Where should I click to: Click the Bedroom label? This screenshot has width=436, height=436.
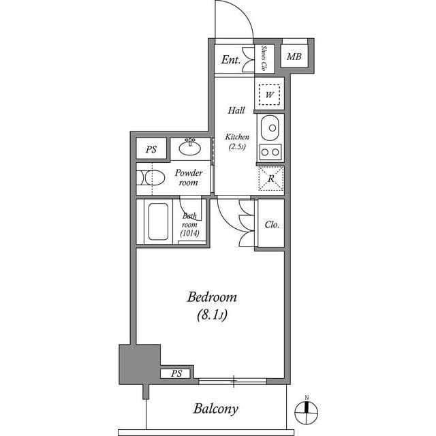pyautogui.click(x=212, y=297)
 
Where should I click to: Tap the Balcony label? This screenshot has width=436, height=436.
pyautogui.click(x=216, y=409)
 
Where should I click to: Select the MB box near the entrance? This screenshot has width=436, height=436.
pyautogui.click(x=294, y=57)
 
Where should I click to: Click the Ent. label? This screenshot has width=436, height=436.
pyautogui.click(x=231, y=60)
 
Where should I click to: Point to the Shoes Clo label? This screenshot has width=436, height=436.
pyautogui.click(x=264, y=59)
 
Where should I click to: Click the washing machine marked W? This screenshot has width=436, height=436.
pyautogui.click(x=270, y=95)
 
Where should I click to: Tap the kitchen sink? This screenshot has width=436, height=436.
pyautogui.click(x=270, y=127)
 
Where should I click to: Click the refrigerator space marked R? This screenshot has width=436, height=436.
pyautogui.click(x=270, y=178)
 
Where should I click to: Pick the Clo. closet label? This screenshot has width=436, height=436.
pyautogui.click(x=271, y=224)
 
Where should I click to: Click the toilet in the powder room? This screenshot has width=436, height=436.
pyautogui.click(x=152, y=178)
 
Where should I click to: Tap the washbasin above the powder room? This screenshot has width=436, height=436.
pyautogui.click(x=190, y=147)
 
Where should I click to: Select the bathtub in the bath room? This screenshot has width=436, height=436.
pyautogui.click(x=157, y=221)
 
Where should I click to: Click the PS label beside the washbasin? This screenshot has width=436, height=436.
pyautogui.click(x=151, y=149)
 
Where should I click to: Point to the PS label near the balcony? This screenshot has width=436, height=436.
pyautogui.click(x=176, y=373)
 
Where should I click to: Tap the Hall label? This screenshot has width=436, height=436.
pyautogui.click(x=236, y=110)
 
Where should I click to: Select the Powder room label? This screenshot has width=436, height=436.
pyautogui.click(x=189, y=178)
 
